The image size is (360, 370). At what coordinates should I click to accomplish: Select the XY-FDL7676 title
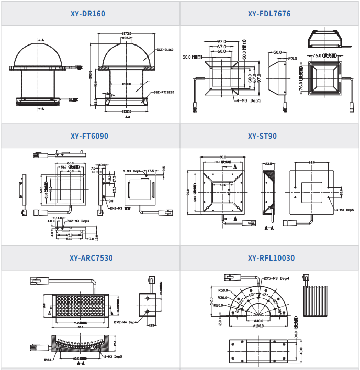click(269, 14)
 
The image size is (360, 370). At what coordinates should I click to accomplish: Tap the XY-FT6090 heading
click(89, 136)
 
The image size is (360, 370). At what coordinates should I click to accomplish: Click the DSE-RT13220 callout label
click(164, 92)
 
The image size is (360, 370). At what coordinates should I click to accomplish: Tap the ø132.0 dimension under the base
click(127, 111)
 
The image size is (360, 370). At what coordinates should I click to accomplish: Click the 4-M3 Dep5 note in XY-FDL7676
click(249, 100)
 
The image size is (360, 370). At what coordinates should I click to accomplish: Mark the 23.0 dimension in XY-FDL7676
click(292, 59)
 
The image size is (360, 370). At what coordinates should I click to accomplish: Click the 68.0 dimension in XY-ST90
click(312, 163)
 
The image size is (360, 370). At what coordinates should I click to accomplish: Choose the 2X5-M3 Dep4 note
click(277, 278)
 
